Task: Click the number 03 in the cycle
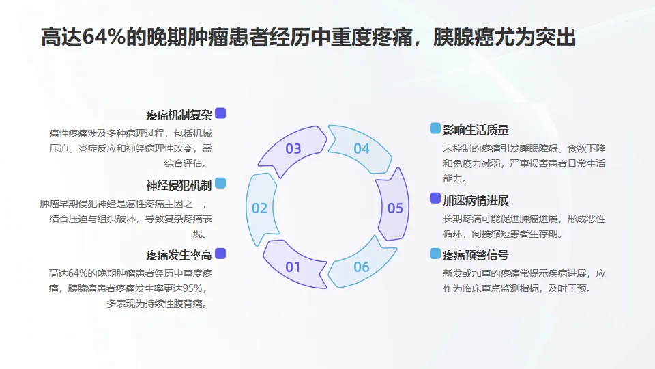(x=293, y=148)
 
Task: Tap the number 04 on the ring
(x=362, y=148)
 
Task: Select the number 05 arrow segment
(x=396, y=208)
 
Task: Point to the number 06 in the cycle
(x=362, y=266)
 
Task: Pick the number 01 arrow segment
(x=293, y=266)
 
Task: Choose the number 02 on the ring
(x=260, y=208)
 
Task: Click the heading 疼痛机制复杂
(x=179, y=114)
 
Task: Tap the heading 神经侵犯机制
(x=179, y=184)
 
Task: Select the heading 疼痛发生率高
(x=179, y=255)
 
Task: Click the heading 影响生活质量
(x=476, y=130)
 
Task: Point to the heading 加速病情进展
(x=476, y=200)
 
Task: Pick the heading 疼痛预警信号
(x=476, y=255)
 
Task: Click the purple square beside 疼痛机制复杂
(x=220, y=113)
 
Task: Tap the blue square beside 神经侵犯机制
(x=220, y=183)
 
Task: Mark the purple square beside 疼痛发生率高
(x=220, y=254)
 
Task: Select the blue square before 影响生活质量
(x=435, y=128)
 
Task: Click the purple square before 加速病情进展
(x=435, y=198)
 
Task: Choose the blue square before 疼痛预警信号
(x=435, y=254)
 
